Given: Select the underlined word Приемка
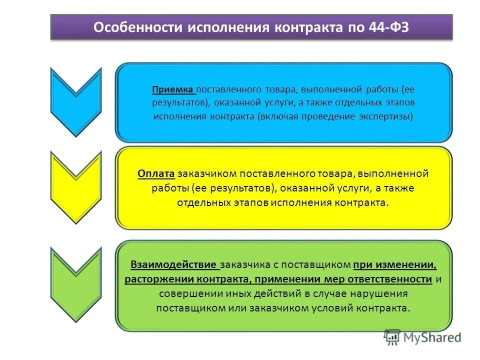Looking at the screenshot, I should [173, 90].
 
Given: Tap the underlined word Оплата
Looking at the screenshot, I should [156, 173].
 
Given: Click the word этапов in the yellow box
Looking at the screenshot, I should [248, 202].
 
